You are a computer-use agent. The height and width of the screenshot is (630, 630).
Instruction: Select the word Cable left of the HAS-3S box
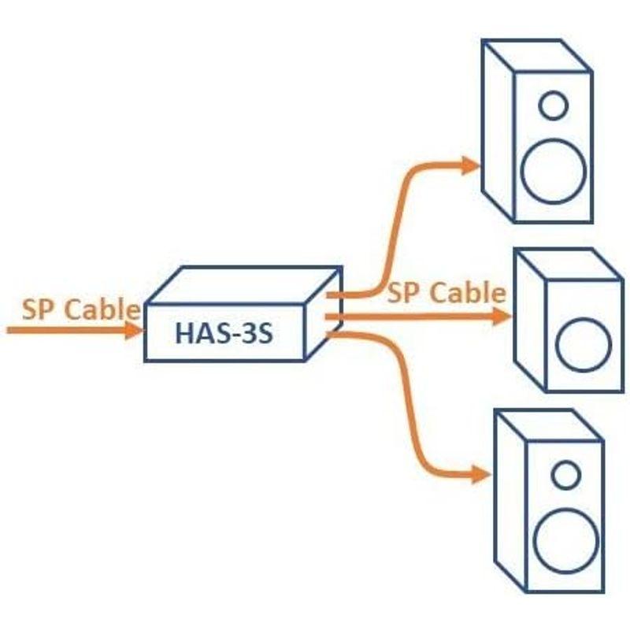(102, 308)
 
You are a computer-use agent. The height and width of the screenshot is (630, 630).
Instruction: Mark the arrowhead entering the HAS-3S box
(132, 330)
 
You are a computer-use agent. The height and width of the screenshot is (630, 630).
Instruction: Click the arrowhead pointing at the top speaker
(470, 165)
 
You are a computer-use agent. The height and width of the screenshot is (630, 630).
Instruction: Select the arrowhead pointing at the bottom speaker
(480, 475)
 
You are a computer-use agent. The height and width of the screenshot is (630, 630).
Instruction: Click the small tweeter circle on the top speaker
(554, 105)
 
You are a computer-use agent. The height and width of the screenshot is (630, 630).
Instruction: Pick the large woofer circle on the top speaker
(554, 170)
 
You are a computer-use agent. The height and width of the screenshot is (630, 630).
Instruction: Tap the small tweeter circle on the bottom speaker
(565, 474)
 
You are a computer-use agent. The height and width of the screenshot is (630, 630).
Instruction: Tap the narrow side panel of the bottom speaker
(510, 500)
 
